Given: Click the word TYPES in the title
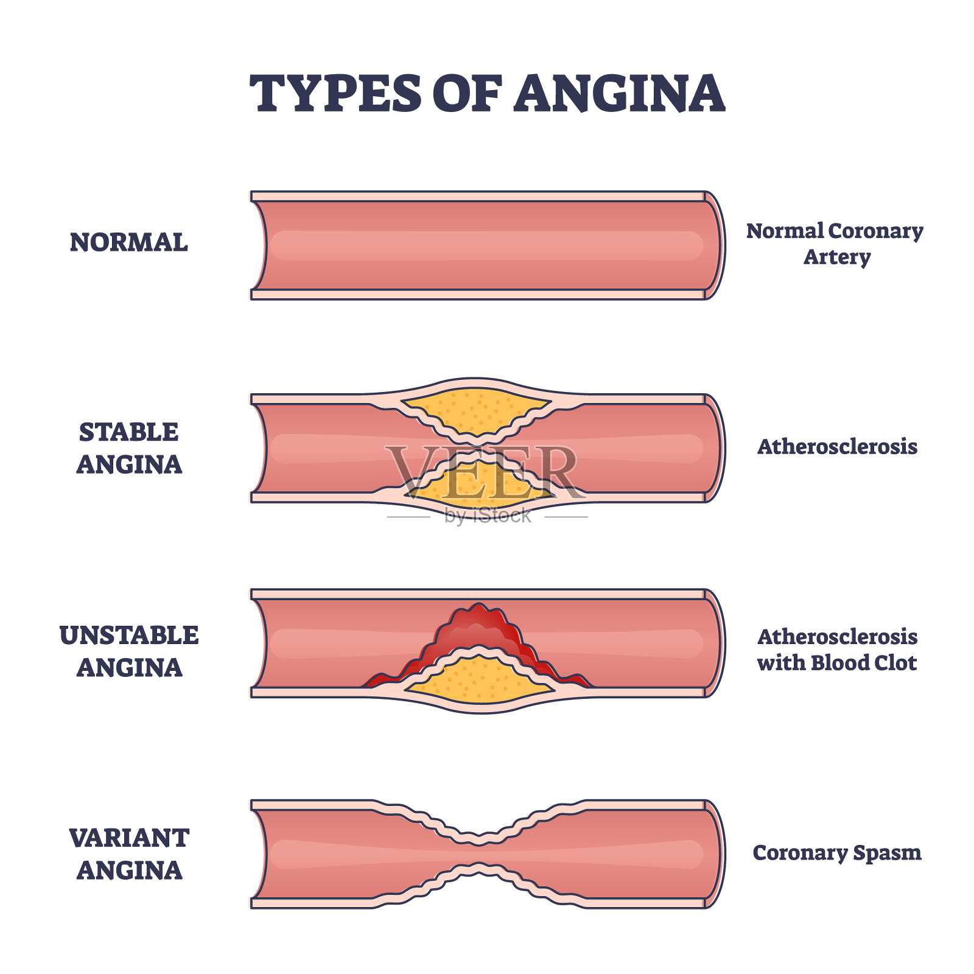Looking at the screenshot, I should click(335, 94).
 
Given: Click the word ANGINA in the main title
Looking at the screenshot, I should click(619, 94).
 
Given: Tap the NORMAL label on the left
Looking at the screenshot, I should click(128, 242).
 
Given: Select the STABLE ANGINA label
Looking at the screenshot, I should click(129, 448).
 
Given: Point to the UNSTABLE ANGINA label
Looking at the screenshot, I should click(129, 651).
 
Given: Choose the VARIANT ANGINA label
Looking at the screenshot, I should click(129, 854).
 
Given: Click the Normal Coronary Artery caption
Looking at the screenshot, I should click(835, 243).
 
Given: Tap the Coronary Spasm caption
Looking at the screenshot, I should click(837, 853).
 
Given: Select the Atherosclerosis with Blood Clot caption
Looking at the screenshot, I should click(837, 650).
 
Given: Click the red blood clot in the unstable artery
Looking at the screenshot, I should click(478, 627).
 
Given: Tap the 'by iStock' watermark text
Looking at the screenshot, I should click(488, 516).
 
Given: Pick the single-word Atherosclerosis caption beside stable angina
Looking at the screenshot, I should click(837, 447).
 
